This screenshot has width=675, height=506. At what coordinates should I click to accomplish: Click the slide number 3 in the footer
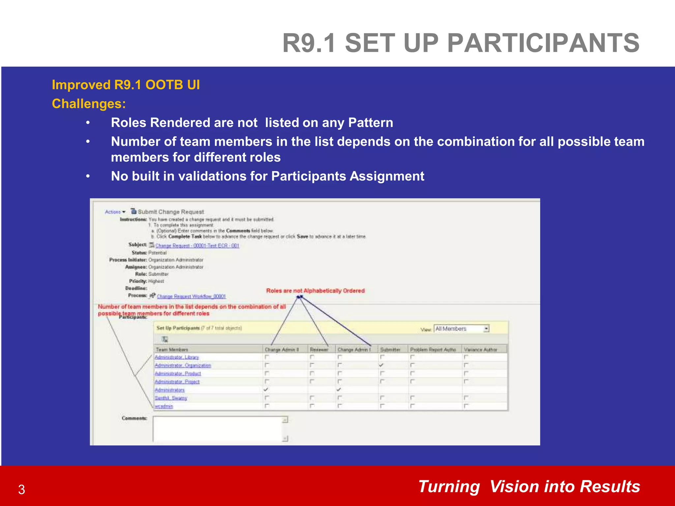22,490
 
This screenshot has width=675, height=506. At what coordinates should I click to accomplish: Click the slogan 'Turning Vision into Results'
529,487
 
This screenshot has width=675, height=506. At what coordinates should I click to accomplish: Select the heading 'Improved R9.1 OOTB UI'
126,85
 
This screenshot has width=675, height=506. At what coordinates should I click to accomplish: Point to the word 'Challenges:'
89,104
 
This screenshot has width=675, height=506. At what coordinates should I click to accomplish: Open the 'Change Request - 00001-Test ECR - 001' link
197,246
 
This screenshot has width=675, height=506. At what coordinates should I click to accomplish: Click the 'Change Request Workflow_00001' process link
191,296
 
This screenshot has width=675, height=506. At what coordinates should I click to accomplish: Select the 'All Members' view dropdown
461,329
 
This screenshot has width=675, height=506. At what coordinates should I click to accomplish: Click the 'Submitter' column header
390,350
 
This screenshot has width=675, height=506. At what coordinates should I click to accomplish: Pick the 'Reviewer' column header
319,350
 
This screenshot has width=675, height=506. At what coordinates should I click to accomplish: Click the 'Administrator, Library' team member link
177,357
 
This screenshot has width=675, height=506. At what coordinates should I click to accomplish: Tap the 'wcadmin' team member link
164,407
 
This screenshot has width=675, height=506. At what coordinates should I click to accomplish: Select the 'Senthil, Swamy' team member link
171,398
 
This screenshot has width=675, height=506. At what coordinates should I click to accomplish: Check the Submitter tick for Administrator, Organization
381,365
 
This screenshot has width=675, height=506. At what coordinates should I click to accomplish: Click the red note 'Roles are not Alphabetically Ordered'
315,291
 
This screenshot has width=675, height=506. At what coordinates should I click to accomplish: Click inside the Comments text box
218,429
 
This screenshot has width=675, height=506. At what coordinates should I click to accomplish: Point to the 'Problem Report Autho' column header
433,350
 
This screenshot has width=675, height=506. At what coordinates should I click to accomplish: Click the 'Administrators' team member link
170,390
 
